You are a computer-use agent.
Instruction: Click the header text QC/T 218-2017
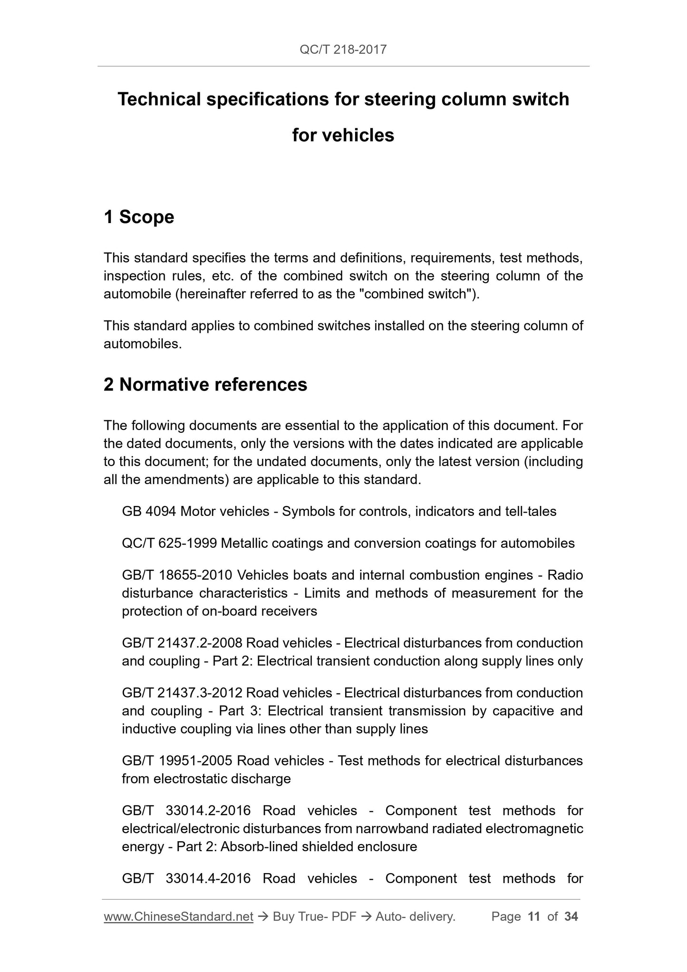coord(343,49)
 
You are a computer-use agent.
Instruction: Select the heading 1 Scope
coord(139,217)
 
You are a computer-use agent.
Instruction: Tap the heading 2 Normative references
coord(205,384)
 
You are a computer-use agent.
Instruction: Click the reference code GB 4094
coord(149,512)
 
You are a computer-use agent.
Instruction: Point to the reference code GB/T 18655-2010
coord(177,575)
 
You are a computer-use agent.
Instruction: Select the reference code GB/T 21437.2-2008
coord(183,643)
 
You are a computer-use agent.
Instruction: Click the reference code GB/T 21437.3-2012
coord(183,693)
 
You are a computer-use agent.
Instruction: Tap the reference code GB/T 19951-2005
coord(177,761)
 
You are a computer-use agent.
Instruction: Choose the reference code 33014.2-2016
coord(208,810)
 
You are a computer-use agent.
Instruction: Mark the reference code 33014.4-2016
coord(208,878)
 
